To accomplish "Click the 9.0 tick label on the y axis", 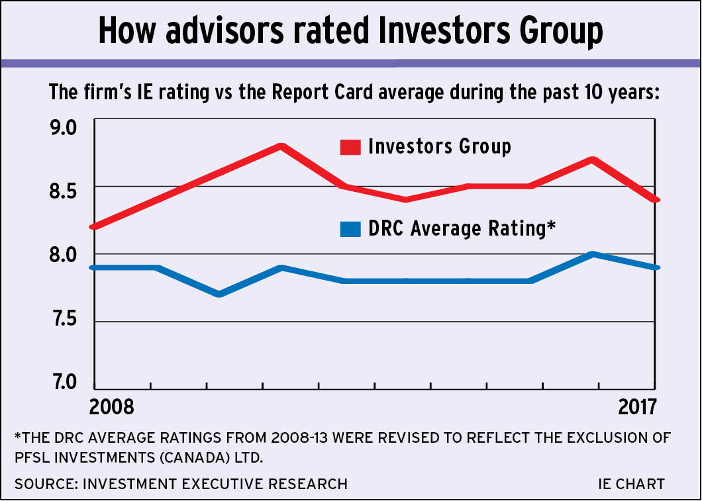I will click(64, 126).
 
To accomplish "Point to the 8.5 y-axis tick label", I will click(64, 191).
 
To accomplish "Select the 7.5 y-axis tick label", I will click(64, 320).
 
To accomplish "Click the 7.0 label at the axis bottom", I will click(64, 385).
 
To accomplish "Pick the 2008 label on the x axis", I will click(111, 406).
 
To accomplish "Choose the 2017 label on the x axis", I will click(637, 406).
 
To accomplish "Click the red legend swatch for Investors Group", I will click(350, 147).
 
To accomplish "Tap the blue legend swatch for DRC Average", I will click(350, 229).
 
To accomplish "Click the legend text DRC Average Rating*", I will click(461, 228).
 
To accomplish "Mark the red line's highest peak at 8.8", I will click(281, 146).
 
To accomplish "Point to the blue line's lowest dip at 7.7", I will click(219, 294).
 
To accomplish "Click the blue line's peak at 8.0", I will click(593, 254).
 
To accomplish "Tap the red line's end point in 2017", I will click(654, 200).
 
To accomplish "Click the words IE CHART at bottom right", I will click(631, 484).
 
